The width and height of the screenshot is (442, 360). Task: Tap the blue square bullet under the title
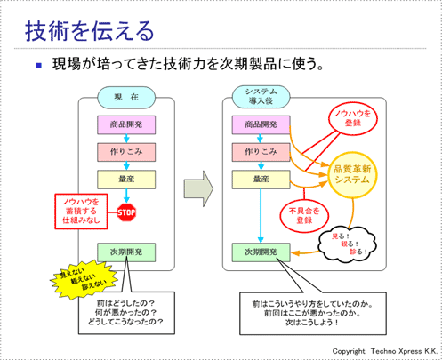click(x=38, y=67)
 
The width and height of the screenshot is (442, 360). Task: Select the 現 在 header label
click(x=127, y=96)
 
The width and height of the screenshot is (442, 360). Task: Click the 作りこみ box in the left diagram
click(x=125, y=151)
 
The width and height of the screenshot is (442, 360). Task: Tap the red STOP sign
click(x=125, y=212)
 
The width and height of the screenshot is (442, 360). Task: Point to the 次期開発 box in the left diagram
click(x=125, y=252)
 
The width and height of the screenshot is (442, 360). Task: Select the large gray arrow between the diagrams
click(x=196, y=190)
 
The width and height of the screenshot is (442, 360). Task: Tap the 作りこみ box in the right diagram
click(x=261, y=151)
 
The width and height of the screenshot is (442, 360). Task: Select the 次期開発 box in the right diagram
click(x=261, y=252)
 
